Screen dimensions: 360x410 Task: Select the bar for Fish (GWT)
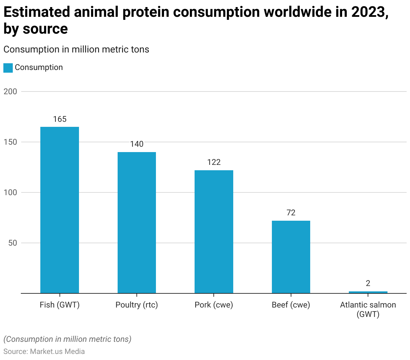coord(59,210)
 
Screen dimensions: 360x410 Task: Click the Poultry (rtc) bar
coord(137,223)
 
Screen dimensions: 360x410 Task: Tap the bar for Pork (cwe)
coord(214,232)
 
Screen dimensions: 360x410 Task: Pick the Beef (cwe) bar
coord(291,257)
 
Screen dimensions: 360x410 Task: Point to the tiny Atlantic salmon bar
coord(368,292)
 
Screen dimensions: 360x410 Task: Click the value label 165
coord(60,119)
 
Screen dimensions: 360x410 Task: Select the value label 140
coord(137,144)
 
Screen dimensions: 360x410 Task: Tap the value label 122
coord(214,162)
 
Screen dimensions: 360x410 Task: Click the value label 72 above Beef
coord(291,213)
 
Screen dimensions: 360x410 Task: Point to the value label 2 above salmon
coord(368,283)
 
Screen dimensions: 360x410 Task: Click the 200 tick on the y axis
coord(10,92)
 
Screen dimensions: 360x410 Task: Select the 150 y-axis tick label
coord(10,142)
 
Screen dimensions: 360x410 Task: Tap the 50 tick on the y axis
coord(13,243)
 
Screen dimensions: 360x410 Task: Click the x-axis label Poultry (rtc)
coord(137,305)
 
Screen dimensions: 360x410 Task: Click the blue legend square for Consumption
coord(8,68)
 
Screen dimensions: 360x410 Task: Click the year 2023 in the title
coord(368,12)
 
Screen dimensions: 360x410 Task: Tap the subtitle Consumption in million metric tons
coord(76,49)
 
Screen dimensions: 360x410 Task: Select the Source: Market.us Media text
coord(44,351)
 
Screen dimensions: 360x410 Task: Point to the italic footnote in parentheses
coord(67,339)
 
